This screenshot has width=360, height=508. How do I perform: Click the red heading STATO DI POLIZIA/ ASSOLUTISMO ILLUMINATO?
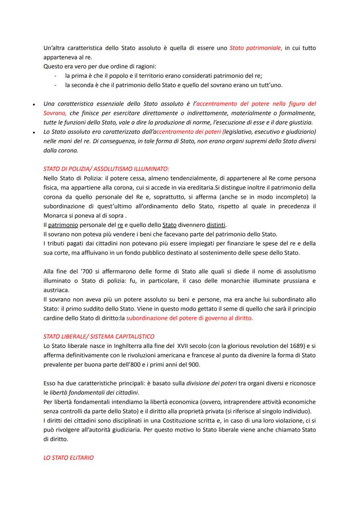pyautogui.click(x=107, y=169)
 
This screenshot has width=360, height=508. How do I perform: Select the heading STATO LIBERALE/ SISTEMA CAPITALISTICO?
pyautogui.click(x=99, y=336)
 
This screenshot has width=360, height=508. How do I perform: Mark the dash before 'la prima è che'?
pyautogui.click(x=56, y=76)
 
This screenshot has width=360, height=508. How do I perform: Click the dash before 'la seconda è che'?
pyautogui.click(x=56, y=85)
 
